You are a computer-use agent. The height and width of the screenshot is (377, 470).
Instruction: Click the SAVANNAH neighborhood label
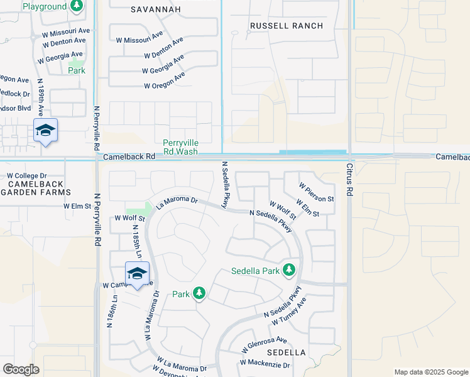point(156,9)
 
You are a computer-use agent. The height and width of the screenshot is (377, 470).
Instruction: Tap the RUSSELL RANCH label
point(286,26)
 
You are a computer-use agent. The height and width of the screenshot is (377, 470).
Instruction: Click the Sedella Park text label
point(254,271)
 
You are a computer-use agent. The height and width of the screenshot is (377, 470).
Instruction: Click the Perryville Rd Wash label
point(180,147)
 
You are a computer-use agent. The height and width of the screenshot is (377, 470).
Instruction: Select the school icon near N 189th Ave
point(45,130)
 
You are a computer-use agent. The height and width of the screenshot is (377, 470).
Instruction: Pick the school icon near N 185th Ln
point(138,273)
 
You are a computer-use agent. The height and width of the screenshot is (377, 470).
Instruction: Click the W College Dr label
point(27,176)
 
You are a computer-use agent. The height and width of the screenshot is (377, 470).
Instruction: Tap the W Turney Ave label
point(289,312)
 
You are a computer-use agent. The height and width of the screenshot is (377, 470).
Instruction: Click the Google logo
point(21,369)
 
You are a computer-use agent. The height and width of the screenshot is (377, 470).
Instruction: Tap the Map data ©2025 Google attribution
point(430,372)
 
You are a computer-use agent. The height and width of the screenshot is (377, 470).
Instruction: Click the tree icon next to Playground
point(77,6)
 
